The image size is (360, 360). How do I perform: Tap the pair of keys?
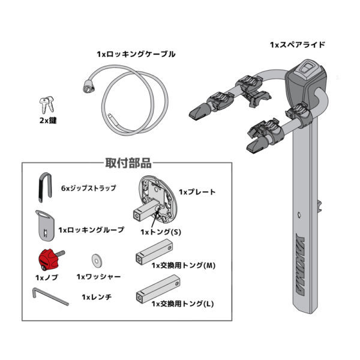click(47, 104)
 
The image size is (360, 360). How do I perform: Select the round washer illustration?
click(97, 260)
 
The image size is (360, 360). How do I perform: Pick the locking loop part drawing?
click(45, 225)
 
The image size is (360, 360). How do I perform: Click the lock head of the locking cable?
click(88, 86)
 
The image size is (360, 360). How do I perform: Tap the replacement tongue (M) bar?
click(154, 252)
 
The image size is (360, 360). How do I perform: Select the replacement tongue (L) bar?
click(158, 290)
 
